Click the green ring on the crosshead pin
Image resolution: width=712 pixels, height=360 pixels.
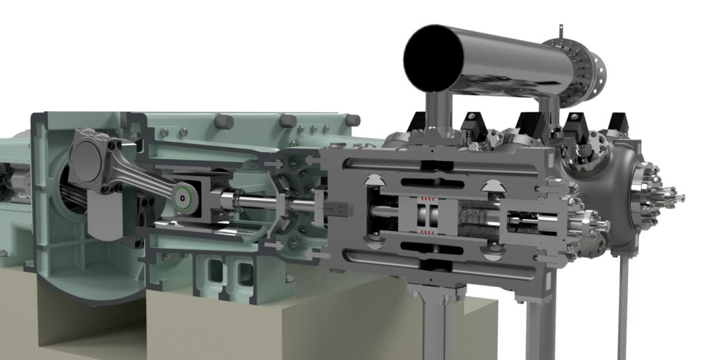tap(184, 198)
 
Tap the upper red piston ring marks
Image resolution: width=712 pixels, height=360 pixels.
tap(425, 199)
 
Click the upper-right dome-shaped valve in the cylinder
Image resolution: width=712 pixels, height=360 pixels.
tap(493, 186)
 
